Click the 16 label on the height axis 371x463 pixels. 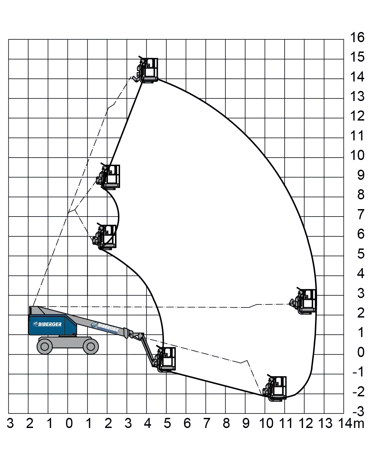click(357, 37)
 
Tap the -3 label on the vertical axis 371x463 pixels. click(358, 411)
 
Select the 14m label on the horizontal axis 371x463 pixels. click(351, 423)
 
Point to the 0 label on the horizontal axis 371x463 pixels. click(69, 423)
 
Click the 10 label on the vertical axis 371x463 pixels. click(357, 155)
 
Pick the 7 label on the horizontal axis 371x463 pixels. click(207, 423)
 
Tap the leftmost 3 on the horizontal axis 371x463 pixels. click(10, 423)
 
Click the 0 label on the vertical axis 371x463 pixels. click(361, 352)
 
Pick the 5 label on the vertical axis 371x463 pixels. click(361, 254)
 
